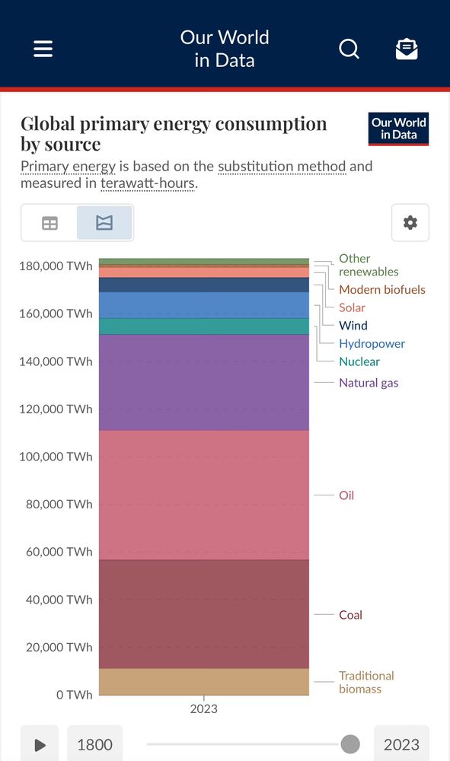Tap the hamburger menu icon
[x=43, y=49]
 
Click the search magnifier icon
[x=349, y=49]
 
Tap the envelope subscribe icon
[x=407, y=49]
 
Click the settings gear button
[x=410, y=222]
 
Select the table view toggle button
[x=49, y=223]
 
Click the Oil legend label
[x=346, y=495]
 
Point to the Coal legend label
[x=350, y=615]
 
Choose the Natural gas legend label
[x=369, y=383]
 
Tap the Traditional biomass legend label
[x=366, y=683]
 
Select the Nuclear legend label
[x=359, y=361]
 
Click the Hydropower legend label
[x=372, y=343]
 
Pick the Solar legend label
[x=352, y=307]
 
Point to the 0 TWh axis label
[x=74, y=695]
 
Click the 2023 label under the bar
[x=204, y=708]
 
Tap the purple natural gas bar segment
[x=204, y=383]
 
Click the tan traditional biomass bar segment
[x=204, y=682]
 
